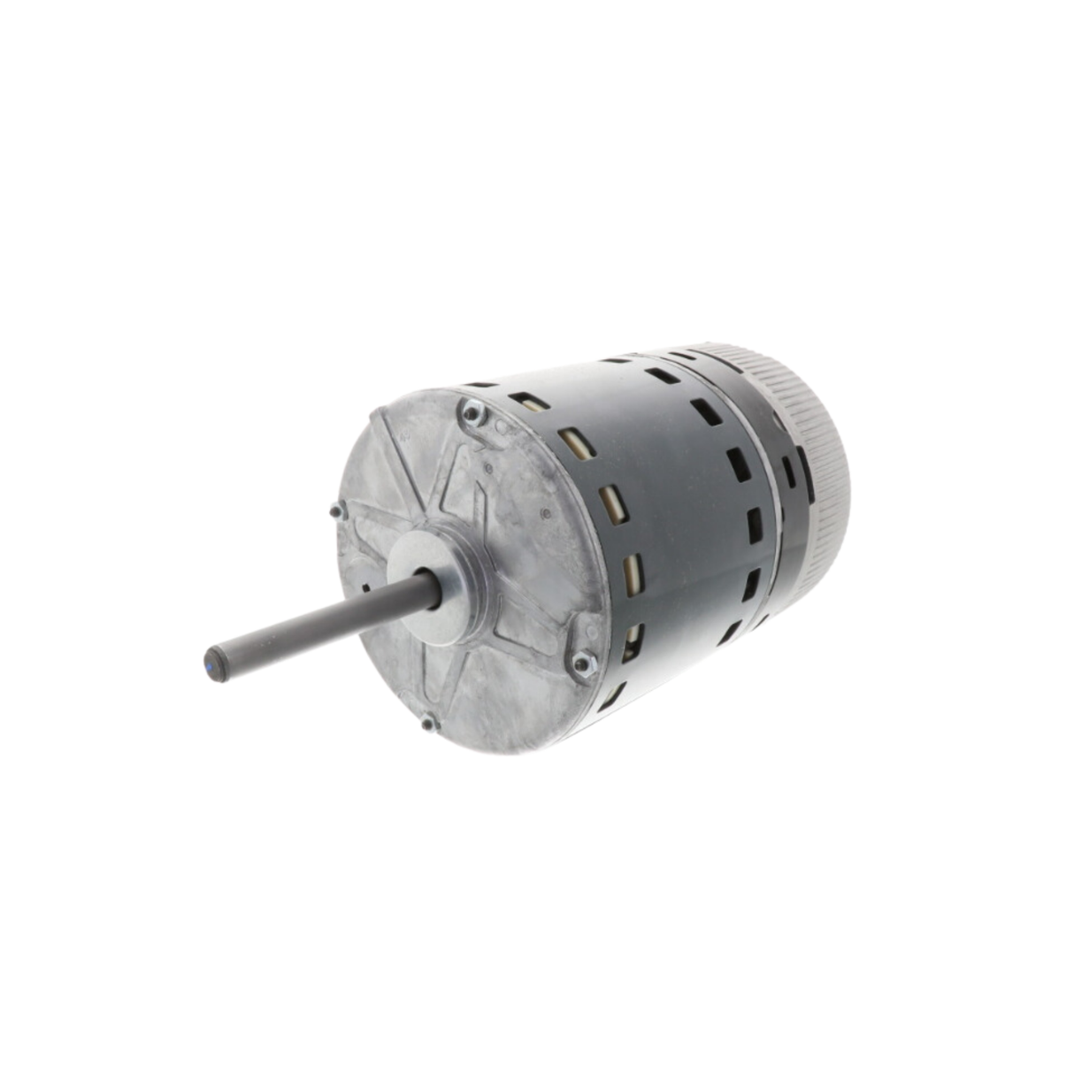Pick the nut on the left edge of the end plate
pos(336,510)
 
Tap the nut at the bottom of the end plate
pos(431,723)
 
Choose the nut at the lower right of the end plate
pos(582,662)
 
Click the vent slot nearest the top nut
pos(529,400)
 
